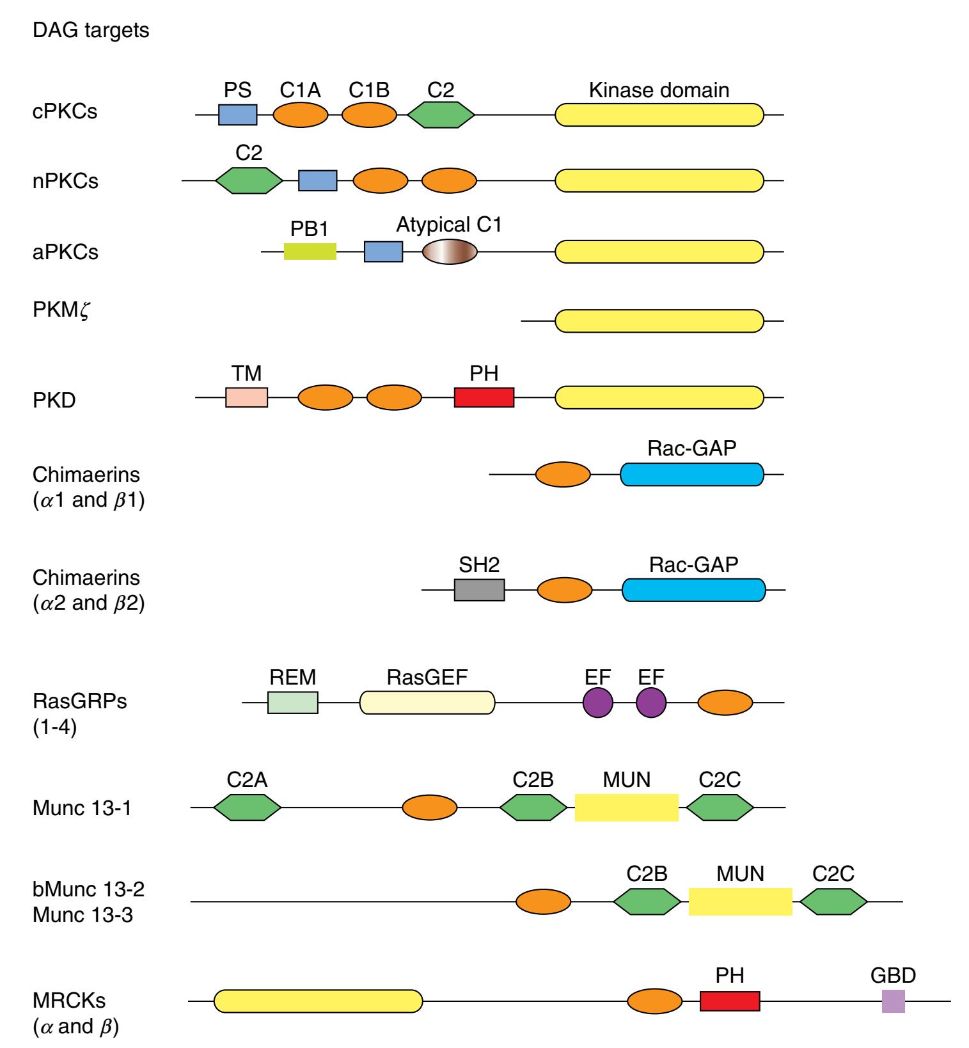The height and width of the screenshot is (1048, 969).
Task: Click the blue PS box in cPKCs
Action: (x=237, y=115)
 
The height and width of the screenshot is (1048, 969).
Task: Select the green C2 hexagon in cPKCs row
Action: (x=441, y=115)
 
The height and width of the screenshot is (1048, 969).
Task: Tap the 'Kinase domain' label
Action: (x=659, y=90)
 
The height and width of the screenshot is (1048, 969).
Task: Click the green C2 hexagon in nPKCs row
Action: (x=249, y=180)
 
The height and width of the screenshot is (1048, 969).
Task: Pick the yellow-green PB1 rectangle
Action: (x=310, y=251)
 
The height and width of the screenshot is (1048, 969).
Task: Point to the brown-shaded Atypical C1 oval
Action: (x=450, y=251)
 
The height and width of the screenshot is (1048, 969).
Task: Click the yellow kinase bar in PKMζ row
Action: (x=659, y=321)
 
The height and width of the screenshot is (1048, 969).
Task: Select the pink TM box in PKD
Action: (x=246, y=397)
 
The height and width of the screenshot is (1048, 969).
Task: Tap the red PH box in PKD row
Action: (x=484, y=397)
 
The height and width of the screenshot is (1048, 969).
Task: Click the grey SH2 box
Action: (x=479, y=590)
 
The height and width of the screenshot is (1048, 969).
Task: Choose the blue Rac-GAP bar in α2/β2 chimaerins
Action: (x=693, y=590)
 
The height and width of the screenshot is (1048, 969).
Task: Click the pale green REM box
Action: (x=292, y=703)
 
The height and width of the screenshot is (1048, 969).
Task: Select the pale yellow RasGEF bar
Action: (x=427, y=703)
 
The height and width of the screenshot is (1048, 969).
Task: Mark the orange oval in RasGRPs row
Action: (x=725, y=703)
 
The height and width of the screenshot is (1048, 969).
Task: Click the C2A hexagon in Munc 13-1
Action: (x=247, y=807)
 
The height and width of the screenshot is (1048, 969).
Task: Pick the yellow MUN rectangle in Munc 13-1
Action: (x=626, y=807)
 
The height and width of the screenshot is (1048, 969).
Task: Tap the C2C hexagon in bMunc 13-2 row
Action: (x=833, y=901)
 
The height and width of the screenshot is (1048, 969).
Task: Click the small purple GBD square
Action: (x=893, y=1001)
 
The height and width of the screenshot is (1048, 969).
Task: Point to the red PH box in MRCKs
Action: (x=730, y=1001)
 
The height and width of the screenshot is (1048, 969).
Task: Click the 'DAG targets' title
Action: (x=91, y=30)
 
